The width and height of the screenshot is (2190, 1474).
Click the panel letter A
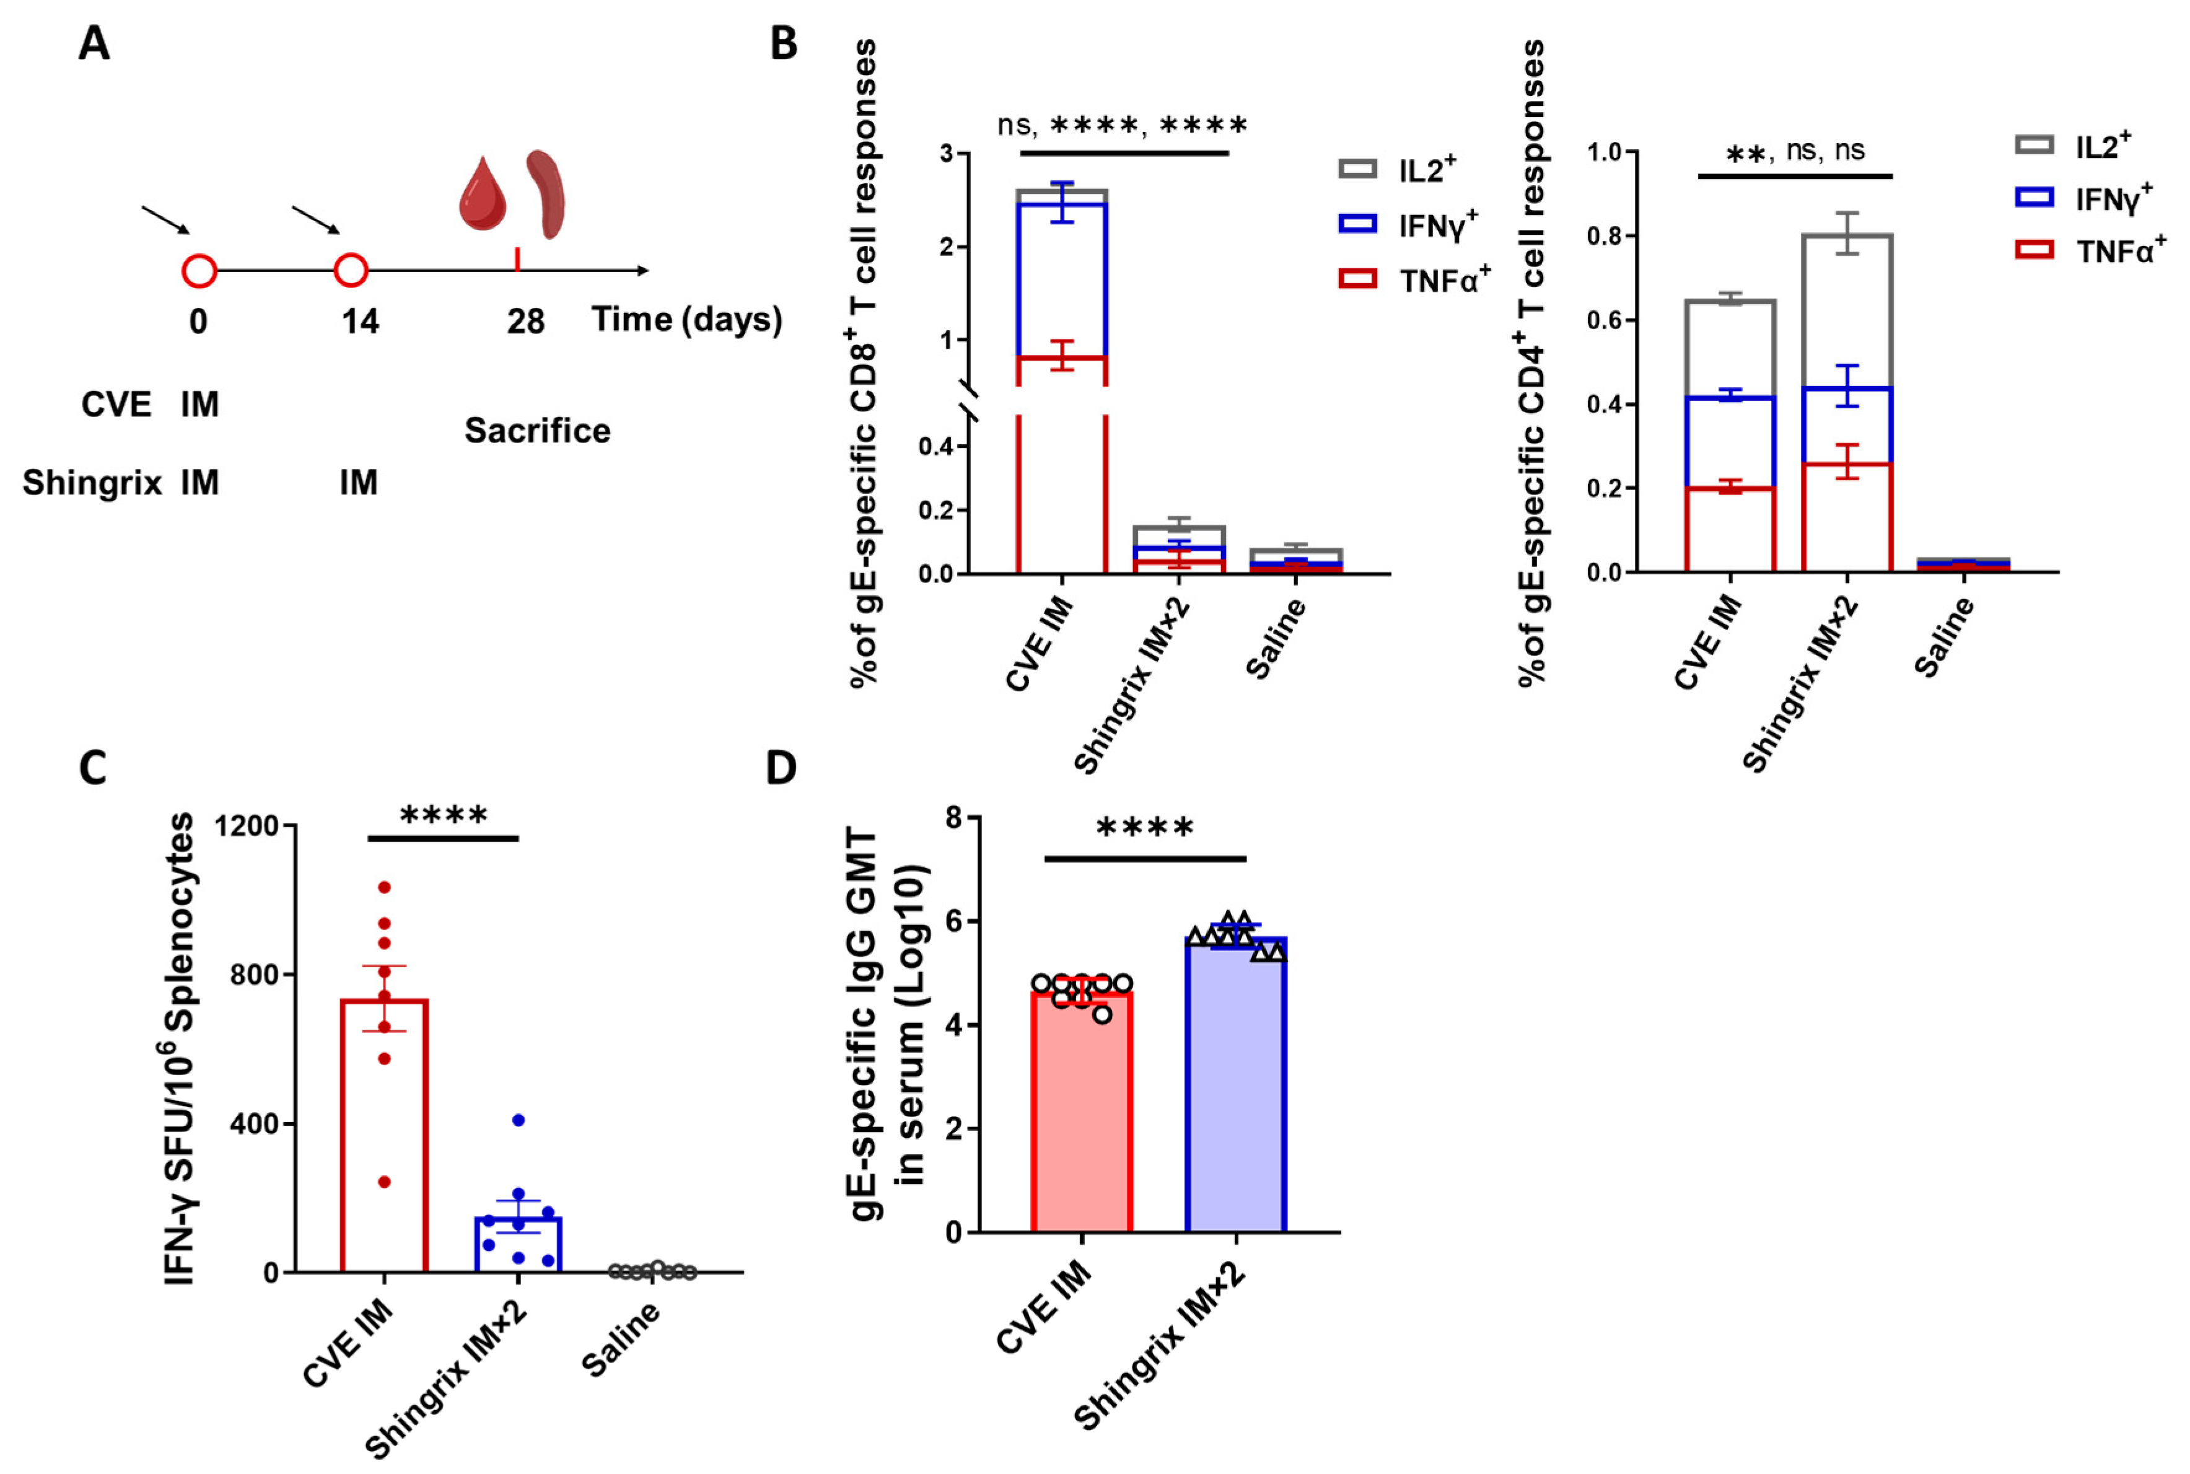coord(94,44)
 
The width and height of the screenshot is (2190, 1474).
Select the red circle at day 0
coord(199,271)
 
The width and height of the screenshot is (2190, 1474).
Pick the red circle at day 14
coord(351,271)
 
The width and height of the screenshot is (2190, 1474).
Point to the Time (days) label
coord(686,320)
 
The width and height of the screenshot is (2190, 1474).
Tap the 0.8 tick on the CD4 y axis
coord(1605,236)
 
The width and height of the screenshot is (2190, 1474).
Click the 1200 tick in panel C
coord(246,827)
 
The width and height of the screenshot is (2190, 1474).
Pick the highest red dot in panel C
coord(383,887)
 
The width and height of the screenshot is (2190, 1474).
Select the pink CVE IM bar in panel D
coord(1081,1118)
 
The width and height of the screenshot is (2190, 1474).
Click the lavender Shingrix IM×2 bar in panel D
coord(1235,1090)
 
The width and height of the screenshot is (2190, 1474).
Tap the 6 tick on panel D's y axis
coord(954,922)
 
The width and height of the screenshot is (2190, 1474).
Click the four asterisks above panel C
coord(444,815)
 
